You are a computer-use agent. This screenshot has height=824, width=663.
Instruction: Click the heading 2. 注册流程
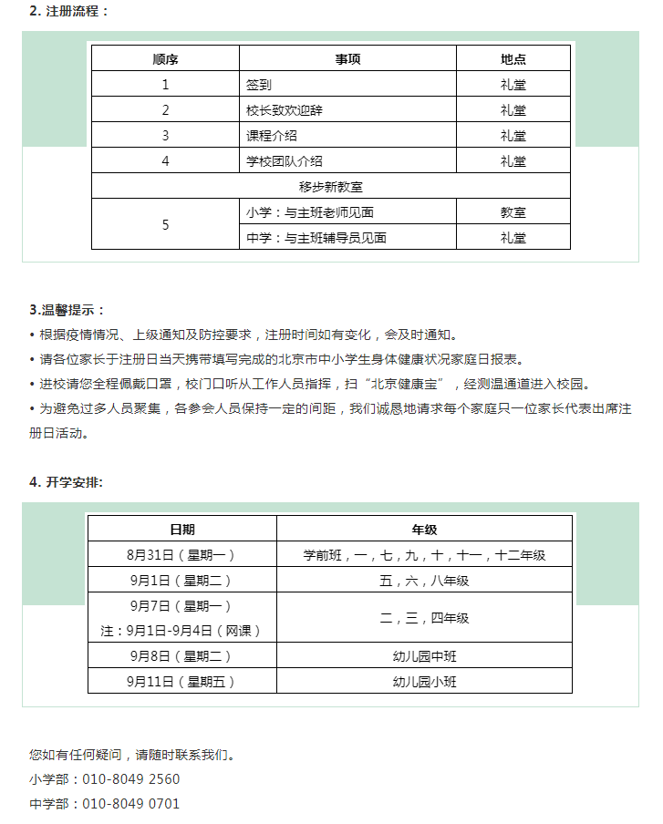68,12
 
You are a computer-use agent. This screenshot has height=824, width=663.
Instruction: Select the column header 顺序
165,59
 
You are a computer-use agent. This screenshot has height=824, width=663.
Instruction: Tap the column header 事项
347,59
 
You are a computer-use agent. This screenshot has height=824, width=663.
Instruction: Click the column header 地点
513,59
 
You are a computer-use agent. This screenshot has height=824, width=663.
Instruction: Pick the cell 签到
259,85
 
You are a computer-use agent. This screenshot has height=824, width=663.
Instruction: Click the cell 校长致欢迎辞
285,110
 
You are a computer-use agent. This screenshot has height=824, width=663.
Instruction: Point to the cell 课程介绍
272,136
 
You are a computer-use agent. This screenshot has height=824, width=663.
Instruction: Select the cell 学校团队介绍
285,161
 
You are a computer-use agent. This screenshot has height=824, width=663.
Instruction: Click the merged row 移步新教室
331,187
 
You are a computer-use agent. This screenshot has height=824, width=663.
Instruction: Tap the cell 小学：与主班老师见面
310,212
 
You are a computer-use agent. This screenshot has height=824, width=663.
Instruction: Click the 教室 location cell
513,212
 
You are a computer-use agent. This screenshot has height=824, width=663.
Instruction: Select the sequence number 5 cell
165,224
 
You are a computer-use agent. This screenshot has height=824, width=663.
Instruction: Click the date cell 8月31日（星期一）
182,554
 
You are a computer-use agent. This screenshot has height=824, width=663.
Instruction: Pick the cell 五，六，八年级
424,580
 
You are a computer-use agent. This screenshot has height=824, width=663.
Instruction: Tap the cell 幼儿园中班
424,655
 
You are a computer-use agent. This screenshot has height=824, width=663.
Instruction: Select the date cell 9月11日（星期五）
182,681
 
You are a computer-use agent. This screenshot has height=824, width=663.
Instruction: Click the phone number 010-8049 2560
131,779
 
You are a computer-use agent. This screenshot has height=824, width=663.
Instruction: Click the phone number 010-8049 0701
131,804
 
